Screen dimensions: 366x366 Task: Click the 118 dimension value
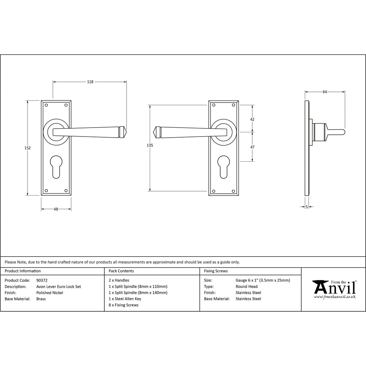pyautogui.click(x=90, y=82)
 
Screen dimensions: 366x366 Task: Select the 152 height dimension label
pyautogui.click(x=28, y=148)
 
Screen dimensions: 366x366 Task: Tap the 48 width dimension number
pyautogui.click(x=56, y=209)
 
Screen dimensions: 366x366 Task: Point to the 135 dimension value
pyautogui.click(x=150, y=145)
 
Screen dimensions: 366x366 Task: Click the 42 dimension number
pyautogui.click(x=252, y=119)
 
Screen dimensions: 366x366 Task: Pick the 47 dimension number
pyautogui.click(x=252, y=147)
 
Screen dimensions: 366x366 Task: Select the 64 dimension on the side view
pyautogui.click(x=325, y=92)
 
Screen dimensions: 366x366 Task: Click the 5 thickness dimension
pyautogui.click(x=307, y=207)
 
